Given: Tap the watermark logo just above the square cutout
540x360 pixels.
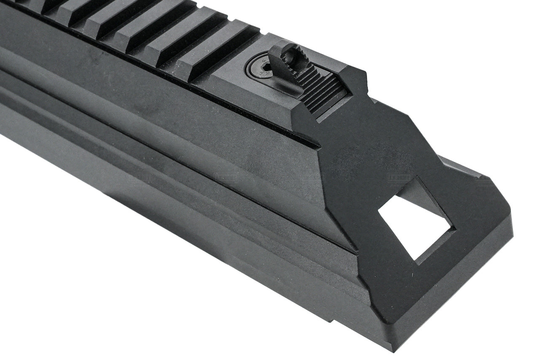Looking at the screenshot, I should pyautogui.click(x=399, y=178).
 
